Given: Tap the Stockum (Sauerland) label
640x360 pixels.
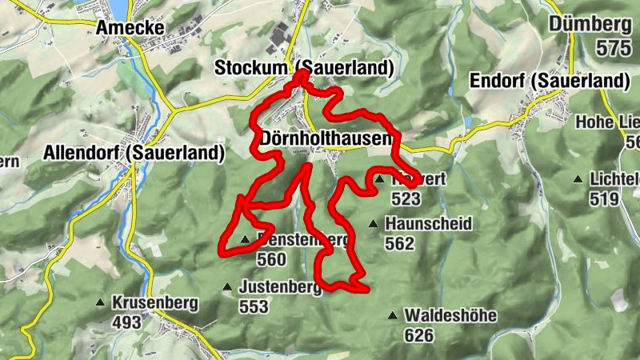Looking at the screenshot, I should (305, 69).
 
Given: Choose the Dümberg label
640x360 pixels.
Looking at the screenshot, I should (590, 24).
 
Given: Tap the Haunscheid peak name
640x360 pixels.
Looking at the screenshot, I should (428, 223).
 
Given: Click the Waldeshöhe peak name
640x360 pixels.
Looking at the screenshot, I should (450, 316).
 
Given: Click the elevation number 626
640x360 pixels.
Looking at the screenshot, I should (418, 335).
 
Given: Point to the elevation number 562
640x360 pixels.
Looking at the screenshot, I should (399, 243).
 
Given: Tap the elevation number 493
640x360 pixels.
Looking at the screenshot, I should (126, 323).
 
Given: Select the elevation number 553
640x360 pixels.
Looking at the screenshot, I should (254, 307).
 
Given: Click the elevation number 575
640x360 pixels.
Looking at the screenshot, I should (614, 48).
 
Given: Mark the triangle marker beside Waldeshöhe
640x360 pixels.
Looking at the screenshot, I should (392, 316).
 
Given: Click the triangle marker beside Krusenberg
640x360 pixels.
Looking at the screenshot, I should (100, 303).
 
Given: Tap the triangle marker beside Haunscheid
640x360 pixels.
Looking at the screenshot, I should (373, 224).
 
